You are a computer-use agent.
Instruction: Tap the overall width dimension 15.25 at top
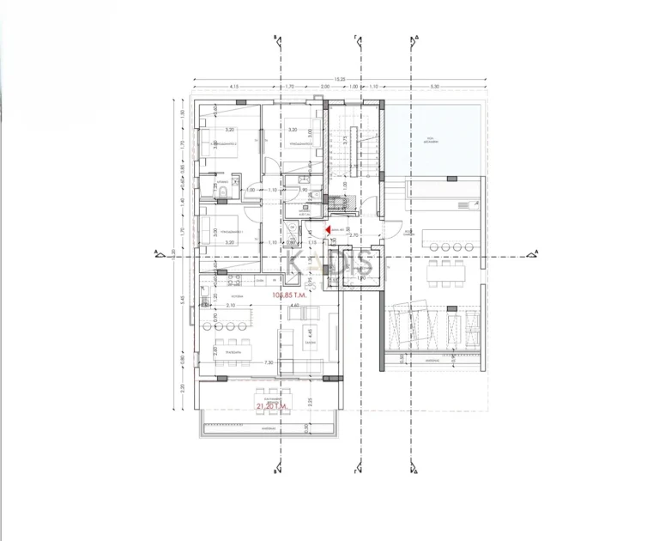pos(341,80)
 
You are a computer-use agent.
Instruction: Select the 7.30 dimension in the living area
pos(269,363)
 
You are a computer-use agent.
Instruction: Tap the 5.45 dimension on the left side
pos(182,300)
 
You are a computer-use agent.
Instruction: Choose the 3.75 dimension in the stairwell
pos(345,139)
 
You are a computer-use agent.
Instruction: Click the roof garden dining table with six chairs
pos(445,275)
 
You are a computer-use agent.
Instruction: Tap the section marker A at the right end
pos(536,252)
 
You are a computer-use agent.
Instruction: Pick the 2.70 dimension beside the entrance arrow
pos(353,234)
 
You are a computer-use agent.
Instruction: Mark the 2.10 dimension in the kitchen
pos(230,306)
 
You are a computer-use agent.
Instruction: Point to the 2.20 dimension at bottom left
pos(182,387)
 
